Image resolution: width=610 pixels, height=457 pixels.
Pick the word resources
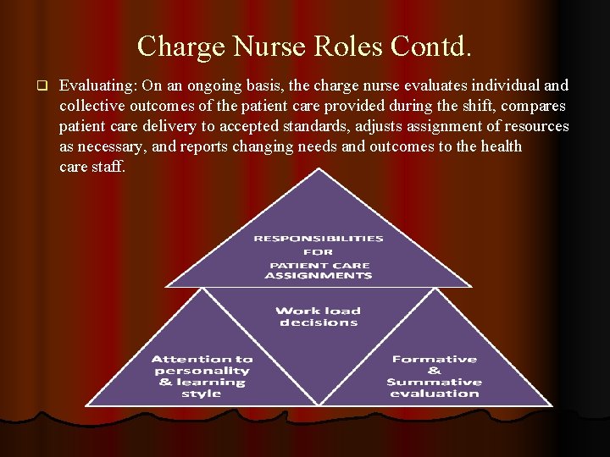(538, 127)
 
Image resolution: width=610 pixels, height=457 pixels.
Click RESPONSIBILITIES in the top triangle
(318, 239)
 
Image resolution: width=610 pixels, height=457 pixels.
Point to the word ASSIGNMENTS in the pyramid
(318, 276)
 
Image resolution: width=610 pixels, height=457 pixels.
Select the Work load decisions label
(318, 317)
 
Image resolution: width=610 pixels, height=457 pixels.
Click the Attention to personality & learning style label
(202, 377)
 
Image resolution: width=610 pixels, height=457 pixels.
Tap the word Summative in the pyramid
(434, 383)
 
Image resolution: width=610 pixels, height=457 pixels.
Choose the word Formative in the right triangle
(434, 360)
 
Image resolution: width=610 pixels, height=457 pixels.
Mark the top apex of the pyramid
(318, 168)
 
